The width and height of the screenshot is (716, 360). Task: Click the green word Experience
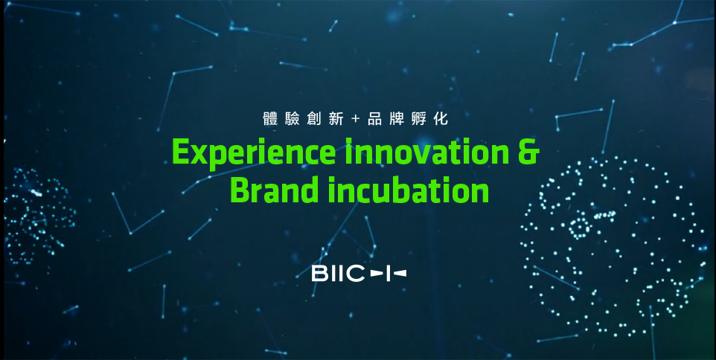click(x=254, y=153)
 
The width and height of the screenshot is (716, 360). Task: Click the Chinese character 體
click(x=269, y=119)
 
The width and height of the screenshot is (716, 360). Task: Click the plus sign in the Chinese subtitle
click(x=356, y=119)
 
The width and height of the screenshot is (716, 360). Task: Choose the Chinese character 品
click(x=375, y=119)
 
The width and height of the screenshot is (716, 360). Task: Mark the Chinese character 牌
click(x=397, y=119)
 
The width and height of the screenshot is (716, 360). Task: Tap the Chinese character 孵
click(x=419, y=119)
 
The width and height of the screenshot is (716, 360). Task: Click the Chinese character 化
click(x=441, y=119)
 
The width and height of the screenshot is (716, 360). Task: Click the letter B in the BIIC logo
click(x=319, y=273)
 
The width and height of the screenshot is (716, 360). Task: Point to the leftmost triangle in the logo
click(x=375, y=273)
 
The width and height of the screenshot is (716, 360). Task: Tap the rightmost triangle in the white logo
click(x=400, y=273)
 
